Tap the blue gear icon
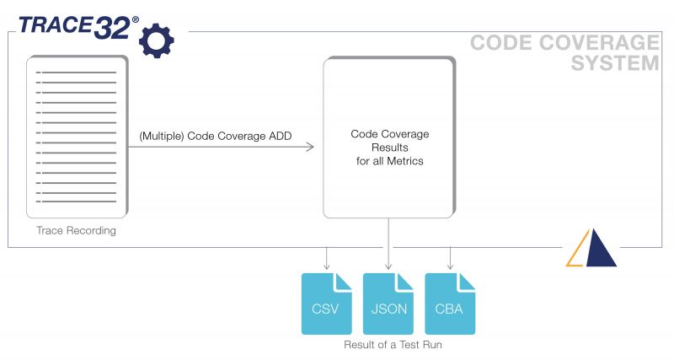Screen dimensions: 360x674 [156, 40]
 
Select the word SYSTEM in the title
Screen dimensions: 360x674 [615, 63]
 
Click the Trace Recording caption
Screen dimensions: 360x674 [76, 230]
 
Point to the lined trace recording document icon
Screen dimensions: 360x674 [77, 135]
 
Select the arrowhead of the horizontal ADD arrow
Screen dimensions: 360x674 [309, 148]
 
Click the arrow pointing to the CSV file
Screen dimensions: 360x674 [327, 257]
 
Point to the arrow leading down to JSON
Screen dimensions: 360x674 [388, 244]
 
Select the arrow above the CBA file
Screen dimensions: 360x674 [450, 257]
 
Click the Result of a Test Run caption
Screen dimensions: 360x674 [388, 345]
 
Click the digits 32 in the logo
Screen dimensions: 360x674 [111, 26]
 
